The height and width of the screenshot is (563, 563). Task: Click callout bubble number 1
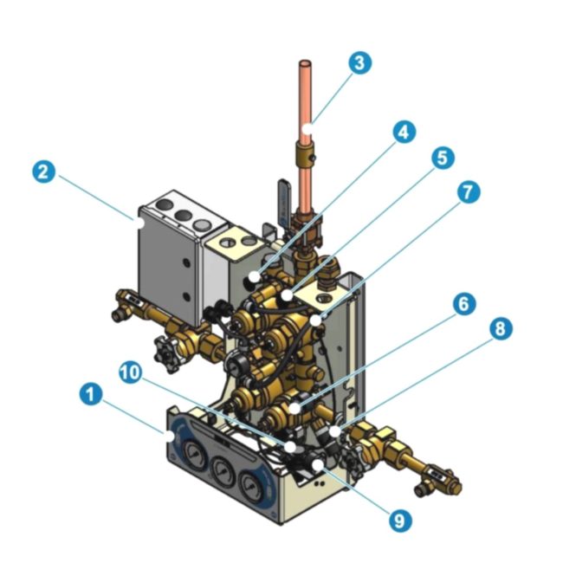(x=88, y=395)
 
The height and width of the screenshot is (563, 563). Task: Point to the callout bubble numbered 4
(x=403, y=133)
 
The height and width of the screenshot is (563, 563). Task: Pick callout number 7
(x=469, y=191)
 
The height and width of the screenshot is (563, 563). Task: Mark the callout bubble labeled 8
(x=500, y=328)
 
